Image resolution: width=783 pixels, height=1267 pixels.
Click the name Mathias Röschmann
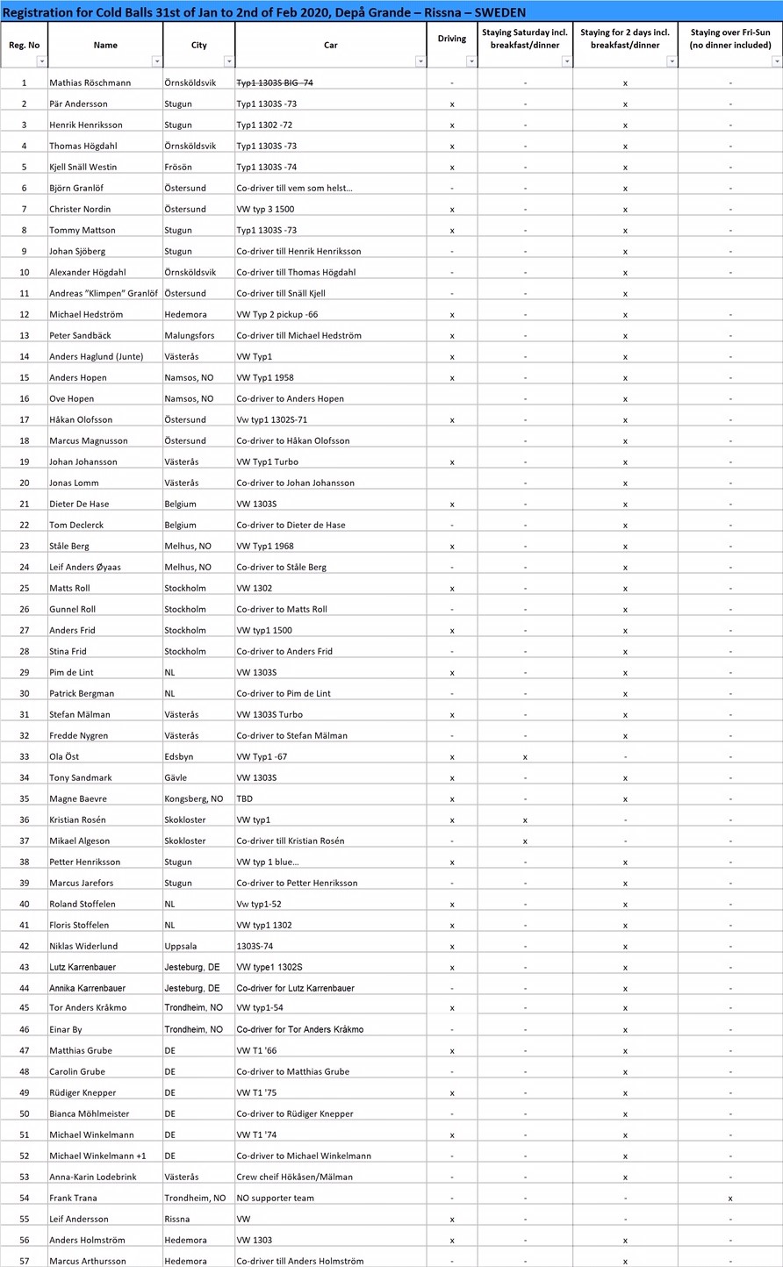click(x=90, y=82)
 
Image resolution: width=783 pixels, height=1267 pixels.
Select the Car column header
click(x=330, y=45)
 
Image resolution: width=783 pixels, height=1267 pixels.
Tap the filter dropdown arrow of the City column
click(x=229, y=61)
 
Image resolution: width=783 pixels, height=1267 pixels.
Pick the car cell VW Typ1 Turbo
click(x=269, y=462)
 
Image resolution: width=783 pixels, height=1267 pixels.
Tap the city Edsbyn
click(x=179, y=756)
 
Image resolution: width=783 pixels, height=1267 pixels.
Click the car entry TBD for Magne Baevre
click(x=245, y=798)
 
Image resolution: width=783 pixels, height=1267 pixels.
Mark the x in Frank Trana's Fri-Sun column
click(x=730, y=1199)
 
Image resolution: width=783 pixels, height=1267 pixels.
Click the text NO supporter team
click(x=275, y=1198)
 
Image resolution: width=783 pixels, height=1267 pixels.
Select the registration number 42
click(x=24, y=946)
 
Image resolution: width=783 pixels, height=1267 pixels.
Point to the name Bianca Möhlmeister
click(x=89, y=1113)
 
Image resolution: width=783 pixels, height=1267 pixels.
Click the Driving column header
click(x=452, y=39)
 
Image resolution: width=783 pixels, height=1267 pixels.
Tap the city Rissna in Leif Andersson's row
click(x=178, y=1219)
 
